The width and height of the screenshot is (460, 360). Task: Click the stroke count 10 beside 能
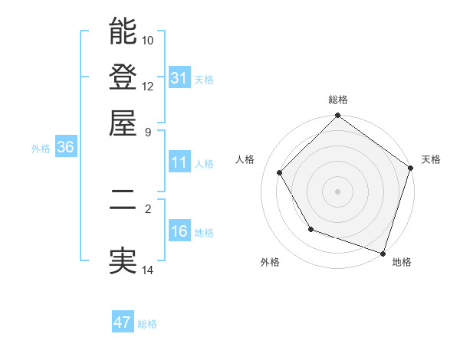[148, 40]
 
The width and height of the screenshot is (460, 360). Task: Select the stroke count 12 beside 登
[148, 86]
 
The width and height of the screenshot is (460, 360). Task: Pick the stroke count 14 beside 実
[148, 270]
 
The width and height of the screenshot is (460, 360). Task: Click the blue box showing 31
[179, 77]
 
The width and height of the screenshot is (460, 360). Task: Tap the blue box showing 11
[179, 162]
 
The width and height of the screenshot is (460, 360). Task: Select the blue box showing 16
[179, 231]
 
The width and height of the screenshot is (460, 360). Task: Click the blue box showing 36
[65, 148]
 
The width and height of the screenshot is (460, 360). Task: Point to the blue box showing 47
[123, 322]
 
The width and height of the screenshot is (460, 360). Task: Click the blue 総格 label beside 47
[147, 324]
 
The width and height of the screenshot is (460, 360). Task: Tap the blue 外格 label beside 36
[41, 149]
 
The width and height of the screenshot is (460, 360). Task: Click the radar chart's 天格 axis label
[431, 159]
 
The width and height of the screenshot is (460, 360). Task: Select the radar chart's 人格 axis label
[245, 159]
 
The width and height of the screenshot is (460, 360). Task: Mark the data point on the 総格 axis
[337, 116]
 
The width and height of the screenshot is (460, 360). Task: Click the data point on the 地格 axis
[383, 252]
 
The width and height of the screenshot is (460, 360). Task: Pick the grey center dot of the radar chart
[337, 191]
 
